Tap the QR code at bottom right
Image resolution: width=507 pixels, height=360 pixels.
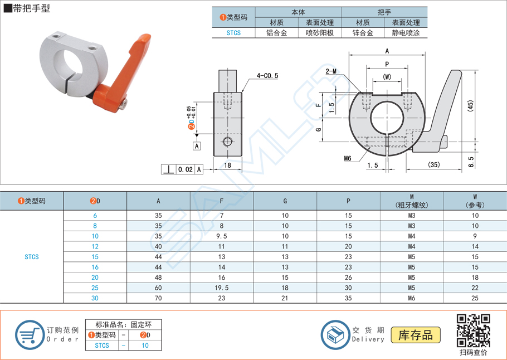(x=473, y=330)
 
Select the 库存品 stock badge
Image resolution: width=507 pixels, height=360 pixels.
(x=415, y=335)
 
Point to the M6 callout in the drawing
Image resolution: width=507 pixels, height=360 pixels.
(x=348, y=159)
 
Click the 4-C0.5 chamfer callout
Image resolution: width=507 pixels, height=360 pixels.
(x=267, y=75)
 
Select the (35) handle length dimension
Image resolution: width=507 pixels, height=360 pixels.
(x=435, y=165)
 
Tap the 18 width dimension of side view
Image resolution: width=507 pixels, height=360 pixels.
(x=227, y=166)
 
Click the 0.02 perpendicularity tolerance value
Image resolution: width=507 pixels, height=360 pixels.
(x=185, y=169)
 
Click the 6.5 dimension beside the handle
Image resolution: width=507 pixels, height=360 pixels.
(x=471, y=162)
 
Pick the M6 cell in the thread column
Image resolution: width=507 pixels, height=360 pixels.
(x=412, y=298)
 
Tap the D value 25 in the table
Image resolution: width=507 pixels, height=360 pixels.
(x=95, y=288)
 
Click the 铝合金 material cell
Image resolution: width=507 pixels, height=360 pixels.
(x=276, y=33)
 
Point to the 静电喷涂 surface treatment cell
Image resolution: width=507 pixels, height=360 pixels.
(x=406, y=33)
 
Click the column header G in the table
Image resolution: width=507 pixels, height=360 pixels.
(x=285, y=201)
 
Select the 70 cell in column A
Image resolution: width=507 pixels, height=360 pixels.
(x=158, y=298)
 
